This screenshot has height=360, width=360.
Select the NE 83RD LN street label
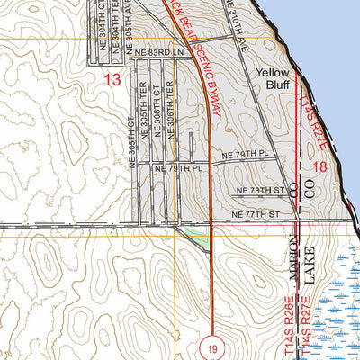pos(154,54)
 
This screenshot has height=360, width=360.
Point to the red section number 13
pos(112,80)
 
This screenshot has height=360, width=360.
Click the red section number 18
pos(319,167)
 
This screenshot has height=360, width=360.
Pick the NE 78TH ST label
pos(260,191)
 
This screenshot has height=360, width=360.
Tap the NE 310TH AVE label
pos(237,20)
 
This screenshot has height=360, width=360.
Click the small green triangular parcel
pos(191,235)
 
